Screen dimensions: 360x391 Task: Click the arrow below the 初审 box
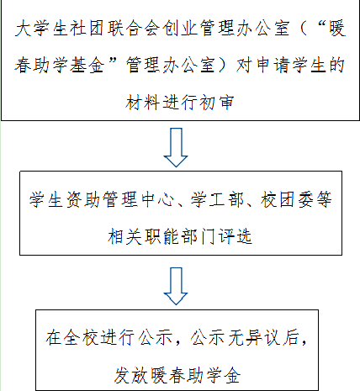(176, 147)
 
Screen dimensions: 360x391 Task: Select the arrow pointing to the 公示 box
(176, 286)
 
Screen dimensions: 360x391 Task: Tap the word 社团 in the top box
(87, 29)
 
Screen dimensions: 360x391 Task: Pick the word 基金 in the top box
(87, 65)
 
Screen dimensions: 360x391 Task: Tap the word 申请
(273, 65)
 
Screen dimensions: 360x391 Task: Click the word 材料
(142, 102)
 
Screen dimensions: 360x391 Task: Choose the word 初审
(216, 102)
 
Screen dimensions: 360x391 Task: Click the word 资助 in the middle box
(82, 199)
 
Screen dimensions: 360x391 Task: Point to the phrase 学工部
(217, 199)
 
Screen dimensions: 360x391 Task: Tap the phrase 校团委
(287, 199)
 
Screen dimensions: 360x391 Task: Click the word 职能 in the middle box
(161, 236)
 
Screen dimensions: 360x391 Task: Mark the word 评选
(236, 236)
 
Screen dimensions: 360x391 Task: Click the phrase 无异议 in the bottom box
(254, 337)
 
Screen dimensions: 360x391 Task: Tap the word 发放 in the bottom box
(130, 375)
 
